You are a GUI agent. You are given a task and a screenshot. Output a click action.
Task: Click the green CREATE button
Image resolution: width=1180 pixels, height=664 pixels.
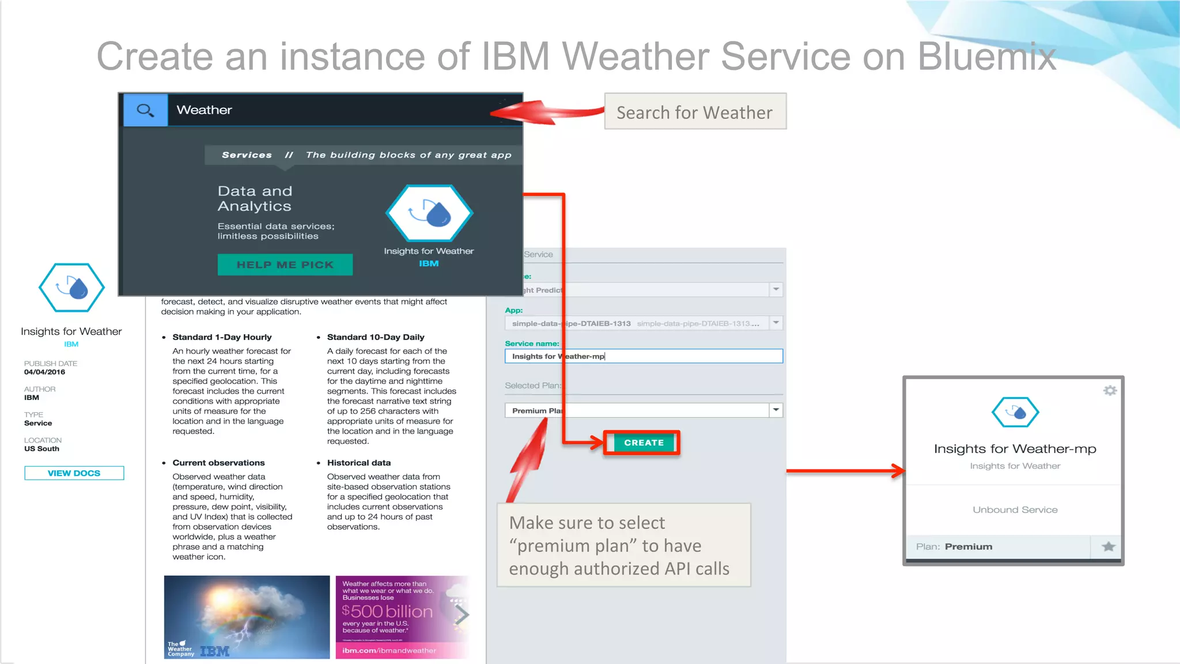pos(643,443)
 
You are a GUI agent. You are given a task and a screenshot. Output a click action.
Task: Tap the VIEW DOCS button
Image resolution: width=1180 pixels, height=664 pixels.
pos(74,473)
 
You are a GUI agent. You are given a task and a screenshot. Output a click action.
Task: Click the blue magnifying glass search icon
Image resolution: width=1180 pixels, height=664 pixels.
pos(145,110)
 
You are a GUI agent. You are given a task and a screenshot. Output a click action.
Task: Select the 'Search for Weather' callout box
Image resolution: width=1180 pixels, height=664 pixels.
pos(695,112)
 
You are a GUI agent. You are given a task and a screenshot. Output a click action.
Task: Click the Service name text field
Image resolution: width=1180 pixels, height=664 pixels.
pos(643,356)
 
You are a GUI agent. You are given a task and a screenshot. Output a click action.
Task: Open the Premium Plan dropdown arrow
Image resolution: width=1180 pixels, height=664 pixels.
pos(776,410)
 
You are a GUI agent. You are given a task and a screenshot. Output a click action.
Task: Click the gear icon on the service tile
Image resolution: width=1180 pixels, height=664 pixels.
pos(1110,391)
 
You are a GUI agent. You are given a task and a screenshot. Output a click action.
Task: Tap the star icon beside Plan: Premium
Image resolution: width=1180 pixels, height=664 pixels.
pos(1108,546)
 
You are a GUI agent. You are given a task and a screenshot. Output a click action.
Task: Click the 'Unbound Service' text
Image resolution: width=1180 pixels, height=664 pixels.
pos(1015,510)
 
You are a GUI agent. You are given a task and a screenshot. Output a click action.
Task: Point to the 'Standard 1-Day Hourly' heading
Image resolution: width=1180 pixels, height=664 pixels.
pos(222,337)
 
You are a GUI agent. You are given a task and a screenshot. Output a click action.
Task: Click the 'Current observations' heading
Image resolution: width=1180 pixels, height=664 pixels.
pos(218,463)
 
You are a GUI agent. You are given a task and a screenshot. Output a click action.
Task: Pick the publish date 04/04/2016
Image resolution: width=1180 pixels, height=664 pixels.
pos(44,372)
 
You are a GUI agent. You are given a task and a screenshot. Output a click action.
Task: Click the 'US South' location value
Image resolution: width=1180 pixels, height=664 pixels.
pos(41,449)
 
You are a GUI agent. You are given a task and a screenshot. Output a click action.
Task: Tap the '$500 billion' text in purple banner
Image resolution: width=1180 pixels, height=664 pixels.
pos(387,612)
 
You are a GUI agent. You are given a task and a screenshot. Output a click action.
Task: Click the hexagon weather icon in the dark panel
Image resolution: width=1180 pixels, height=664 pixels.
pos(429,213)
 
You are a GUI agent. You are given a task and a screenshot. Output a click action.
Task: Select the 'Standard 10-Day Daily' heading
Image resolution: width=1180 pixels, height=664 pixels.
pos(376,337)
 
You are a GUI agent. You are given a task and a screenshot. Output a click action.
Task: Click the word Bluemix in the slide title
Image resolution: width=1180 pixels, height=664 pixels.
pos(986,56)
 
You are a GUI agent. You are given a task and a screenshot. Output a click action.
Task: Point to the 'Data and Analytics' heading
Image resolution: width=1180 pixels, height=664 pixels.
pos(255,198)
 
